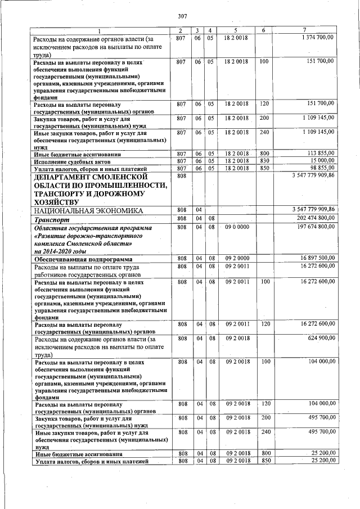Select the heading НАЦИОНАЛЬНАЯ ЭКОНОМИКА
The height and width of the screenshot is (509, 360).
coord(86,210)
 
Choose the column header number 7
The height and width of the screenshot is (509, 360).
coord(304,29)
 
